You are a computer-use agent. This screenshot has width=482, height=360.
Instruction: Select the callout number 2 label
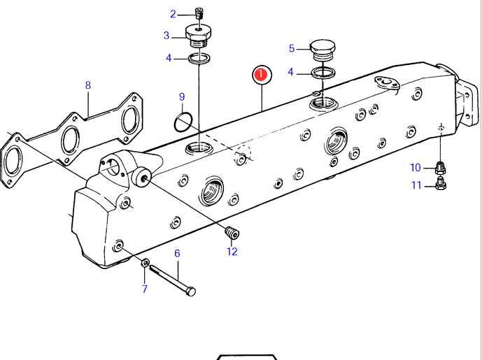pyautogui.click(x=173, y=14)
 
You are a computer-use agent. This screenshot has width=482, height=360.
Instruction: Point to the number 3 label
pyautogui.click(x=166, y=36)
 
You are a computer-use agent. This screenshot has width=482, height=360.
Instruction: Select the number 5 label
pyautogui.click(x=292, y=48)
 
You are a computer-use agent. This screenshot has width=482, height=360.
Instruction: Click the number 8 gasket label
pyautogui.click(x=88, y=85)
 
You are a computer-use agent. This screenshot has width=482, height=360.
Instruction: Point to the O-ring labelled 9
pyautogui.click(x=183, y=122)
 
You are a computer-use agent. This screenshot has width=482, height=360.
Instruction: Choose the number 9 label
pyautogui.click(x=182, y=96)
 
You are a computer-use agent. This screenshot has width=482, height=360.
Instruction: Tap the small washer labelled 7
pyautogui.click(x=146, y=263)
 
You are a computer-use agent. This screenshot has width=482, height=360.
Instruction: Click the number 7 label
pyautogui.click(x=145, y=289)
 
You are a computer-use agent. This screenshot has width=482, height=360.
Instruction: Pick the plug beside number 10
pyautogui.click(x=440, y=168)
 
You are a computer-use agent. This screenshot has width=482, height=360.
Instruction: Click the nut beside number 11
pyautogui.click(x=440, y=184)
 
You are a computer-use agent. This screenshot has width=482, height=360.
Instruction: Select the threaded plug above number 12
pyautogui.click(x=232, y=233)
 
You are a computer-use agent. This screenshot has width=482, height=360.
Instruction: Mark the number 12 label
pyautogui.click(x=232, y=252)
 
